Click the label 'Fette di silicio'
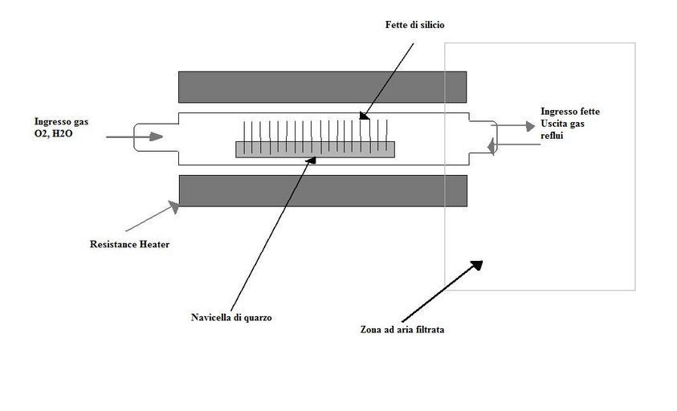[414, 25]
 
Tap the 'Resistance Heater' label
[129, 244]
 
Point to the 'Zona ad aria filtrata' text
[402, 329]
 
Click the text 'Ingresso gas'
[61, 121]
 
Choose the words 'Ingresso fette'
[570, 112]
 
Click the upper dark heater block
[322, 87]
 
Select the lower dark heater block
[322, 190]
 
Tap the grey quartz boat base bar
[315, 149]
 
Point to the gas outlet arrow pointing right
[514, 126]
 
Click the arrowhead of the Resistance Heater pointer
[172, 209]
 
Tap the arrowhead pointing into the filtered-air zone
[476, 265]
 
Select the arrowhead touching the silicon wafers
[364, 116]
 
